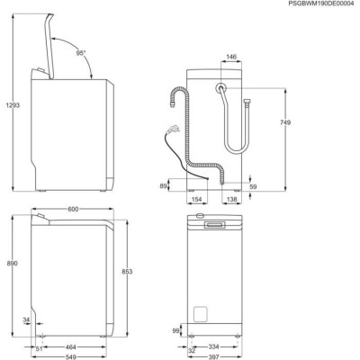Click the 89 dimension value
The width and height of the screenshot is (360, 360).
[x=163, y=186]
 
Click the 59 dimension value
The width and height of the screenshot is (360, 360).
[x=254, y=186]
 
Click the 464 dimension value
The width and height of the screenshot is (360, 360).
[x=69, y=346]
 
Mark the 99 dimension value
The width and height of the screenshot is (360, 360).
[x=176, y=331]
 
